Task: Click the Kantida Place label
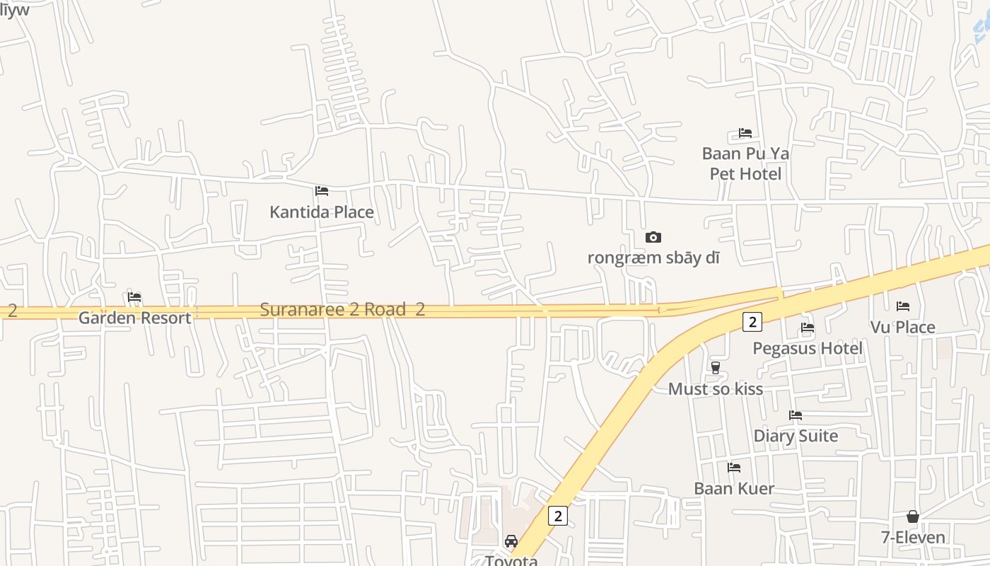(x=322, y=212)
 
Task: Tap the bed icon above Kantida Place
(x=322, y=191)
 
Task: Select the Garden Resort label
(x=134, y=318)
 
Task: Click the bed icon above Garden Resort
(x=134, y=297)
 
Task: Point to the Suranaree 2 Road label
(x=333, y=309)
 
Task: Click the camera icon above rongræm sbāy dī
(x=653, y=237)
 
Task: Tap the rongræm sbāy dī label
(x=653, y=258)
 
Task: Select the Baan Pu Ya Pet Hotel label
(x=745, y=163)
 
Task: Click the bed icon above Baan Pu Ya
(x=745, y=133)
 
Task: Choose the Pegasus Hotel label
(x=807, y=348)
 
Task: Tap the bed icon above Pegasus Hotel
(x=807, y=328)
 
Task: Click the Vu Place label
(x=902, y=327)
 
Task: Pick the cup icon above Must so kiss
(x=715, y=368)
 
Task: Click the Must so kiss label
(x=715, y=388)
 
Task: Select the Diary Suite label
(x=796, y=436)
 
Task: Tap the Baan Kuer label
(x=733, y=488)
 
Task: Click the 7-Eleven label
(x=913, y=537)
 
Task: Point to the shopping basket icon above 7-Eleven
(x=913, y=516)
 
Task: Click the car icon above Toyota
(x=511, y=541)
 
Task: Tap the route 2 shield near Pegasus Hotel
(x=752, y=322)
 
